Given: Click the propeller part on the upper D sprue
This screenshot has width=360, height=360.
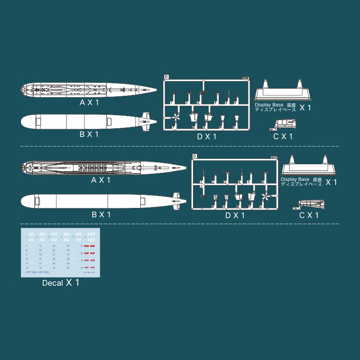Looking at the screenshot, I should [x=175, y=118].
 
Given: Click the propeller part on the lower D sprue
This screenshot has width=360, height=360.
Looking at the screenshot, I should [x=265, y=198].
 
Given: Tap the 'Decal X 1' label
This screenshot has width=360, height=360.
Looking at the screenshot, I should [x=61, y=283].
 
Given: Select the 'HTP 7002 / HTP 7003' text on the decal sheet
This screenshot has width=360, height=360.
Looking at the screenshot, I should [x=38, y=272].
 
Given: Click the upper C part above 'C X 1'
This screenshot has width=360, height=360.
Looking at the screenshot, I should [x=284, y=124].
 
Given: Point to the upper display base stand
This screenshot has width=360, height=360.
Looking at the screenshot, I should [x=283, y=92].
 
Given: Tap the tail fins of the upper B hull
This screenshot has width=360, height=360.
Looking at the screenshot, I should [x=146, y=121].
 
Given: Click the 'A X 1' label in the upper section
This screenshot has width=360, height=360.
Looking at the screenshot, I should [x=89, y=103].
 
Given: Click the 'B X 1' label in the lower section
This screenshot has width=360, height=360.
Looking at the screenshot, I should [x=101, y=215].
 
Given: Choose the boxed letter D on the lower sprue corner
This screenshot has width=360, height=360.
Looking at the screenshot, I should [x=194, y=156].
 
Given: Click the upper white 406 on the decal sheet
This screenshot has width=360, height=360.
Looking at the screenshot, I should [x=91, y=234].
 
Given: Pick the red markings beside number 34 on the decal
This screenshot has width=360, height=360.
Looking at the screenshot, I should [x=90, y=267].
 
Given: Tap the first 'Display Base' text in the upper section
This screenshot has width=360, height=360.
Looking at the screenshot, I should [x=269, y=104].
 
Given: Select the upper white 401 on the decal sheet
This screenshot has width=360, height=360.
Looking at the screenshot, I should [x=31, y=234].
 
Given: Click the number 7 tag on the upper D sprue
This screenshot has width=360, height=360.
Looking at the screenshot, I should [x=173, y=127].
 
